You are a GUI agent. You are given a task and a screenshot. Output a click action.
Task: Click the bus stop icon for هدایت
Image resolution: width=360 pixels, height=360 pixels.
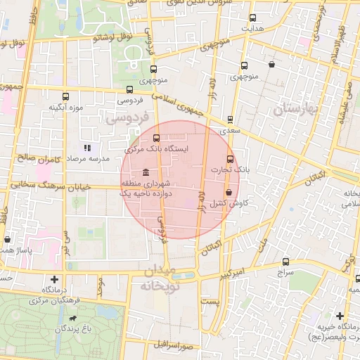tap(253, 18)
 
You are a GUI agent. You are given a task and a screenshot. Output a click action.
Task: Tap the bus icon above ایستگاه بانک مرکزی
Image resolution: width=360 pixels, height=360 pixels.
tap(156, 139)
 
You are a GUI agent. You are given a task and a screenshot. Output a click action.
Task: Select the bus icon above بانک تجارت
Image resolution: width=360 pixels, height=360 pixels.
tap(230, 160)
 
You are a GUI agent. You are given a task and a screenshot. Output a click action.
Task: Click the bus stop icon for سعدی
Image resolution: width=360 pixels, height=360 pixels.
tap(230, 120)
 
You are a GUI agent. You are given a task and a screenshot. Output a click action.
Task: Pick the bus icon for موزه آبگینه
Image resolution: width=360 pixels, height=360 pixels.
tap(65, 97)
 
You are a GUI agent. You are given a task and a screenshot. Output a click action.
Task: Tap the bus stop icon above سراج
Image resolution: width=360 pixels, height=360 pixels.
tap(285, 261)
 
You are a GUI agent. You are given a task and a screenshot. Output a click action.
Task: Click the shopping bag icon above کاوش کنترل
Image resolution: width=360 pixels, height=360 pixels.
tap(229, 192)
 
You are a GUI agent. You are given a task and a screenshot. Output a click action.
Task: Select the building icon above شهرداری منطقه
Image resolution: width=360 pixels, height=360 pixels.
tap(145, 173)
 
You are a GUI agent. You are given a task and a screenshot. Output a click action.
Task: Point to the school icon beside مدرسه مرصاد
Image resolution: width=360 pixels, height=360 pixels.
tap(88, 148)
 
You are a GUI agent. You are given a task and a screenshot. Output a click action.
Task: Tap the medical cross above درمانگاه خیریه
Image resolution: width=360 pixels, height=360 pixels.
tap(340, 316)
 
